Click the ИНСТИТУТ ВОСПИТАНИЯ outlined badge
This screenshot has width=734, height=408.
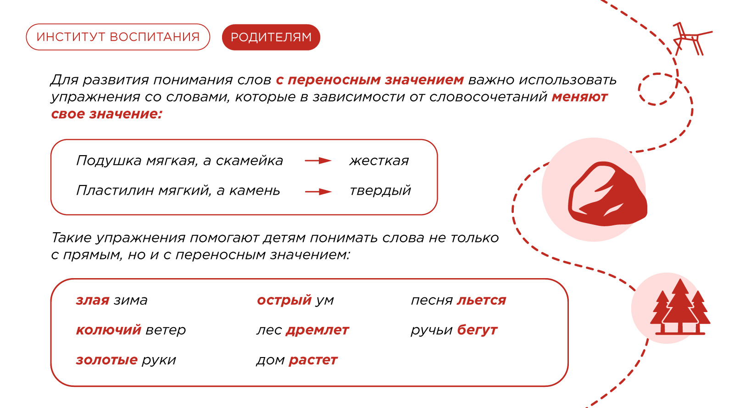coord(118,37)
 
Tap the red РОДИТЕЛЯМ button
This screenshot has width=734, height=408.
coord(271,37)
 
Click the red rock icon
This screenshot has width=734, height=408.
coord(607,194)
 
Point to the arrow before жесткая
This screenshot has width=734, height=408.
coord(318,161)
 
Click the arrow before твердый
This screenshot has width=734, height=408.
coord(318,191)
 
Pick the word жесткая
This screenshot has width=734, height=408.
coord(379,161)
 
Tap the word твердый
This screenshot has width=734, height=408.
coord(380,191)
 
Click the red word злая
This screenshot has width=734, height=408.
coord(92,300)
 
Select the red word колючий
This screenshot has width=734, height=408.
coord(108,330)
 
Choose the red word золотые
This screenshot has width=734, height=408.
coord(106,360)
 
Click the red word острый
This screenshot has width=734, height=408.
coord(284,300)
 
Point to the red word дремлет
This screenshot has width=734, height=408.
coord(317,330)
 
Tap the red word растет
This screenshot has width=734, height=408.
coord(313,360)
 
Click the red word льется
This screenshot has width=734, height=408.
coord(481,300)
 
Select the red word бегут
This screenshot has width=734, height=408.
coord(477,330)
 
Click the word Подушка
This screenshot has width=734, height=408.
coord(109,161)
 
